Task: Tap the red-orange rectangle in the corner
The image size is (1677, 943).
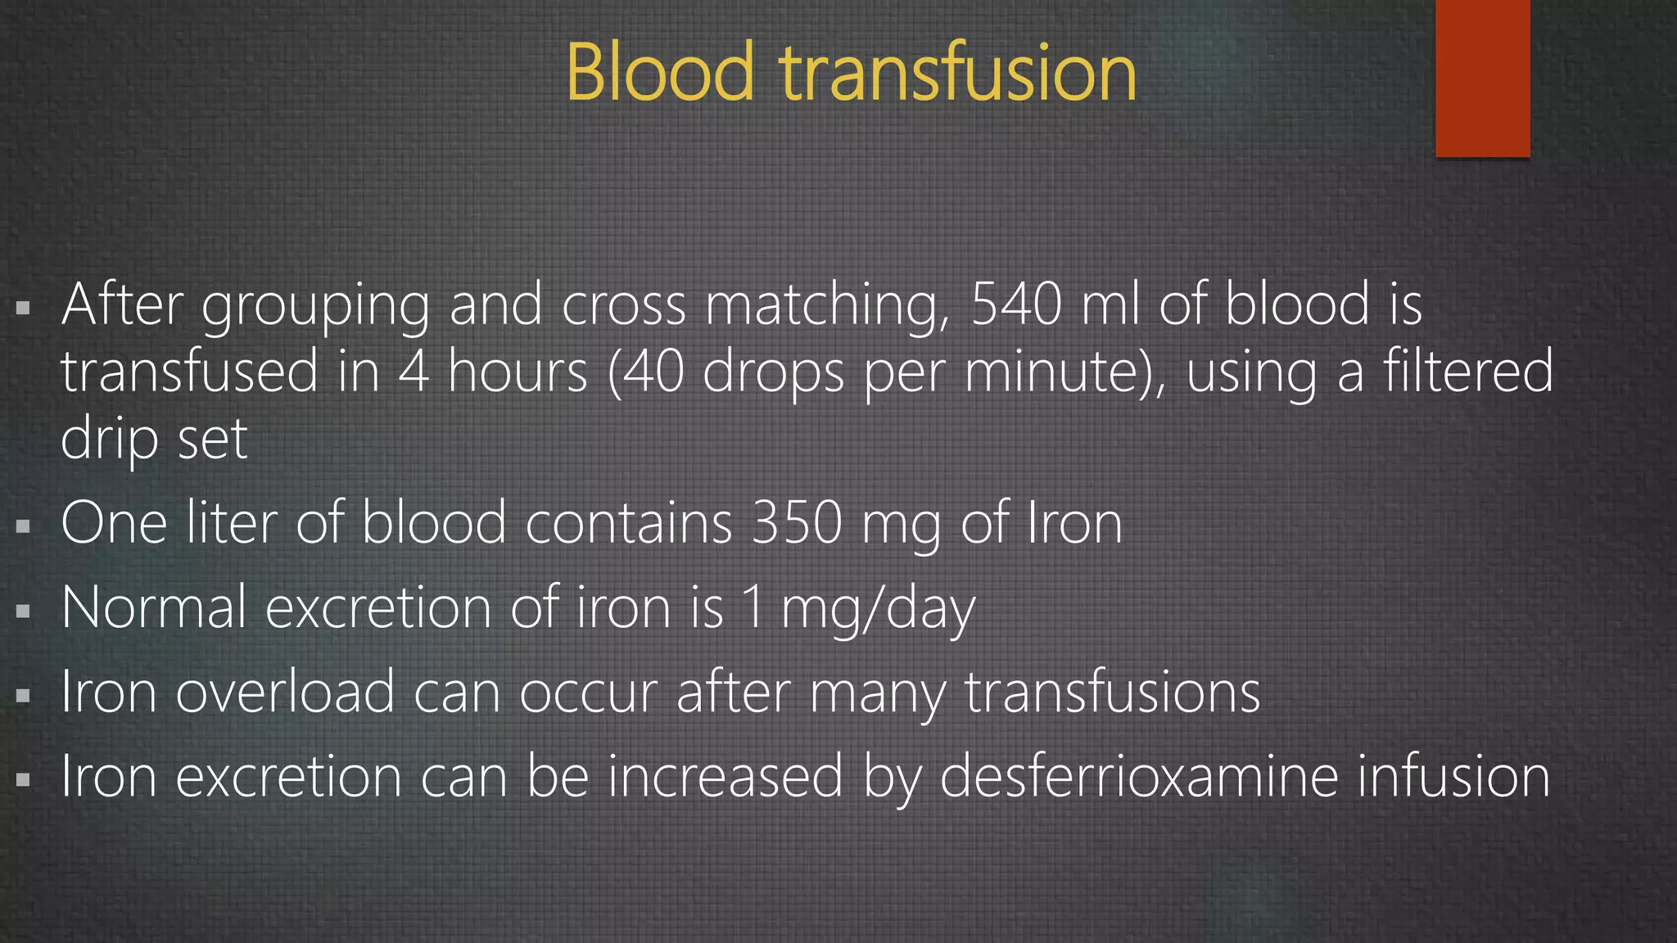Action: [1482, 78]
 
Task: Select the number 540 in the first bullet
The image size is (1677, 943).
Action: [1016, 305]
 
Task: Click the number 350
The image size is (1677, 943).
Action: [797, 524]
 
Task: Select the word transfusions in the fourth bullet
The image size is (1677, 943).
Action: [1112, 693]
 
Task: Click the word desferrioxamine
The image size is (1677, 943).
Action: [1138, 776]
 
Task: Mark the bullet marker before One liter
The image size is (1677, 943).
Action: [23, 526]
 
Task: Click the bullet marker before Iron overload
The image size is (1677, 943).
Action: [23, 695]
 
